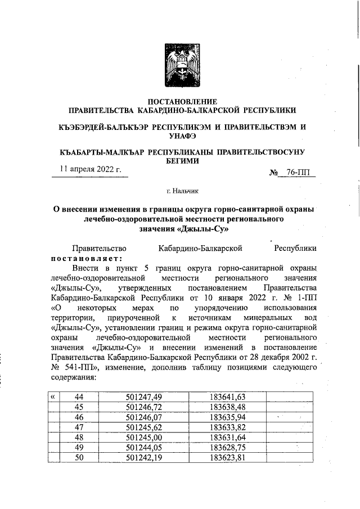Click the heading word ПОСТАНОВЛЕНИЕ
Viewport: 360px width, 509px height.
[x=181, y=101]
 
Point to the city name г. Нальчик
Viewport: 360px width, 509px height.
[x=181, y=192]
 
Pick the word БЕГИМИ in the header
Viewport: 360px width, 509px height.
[x=181, y=161]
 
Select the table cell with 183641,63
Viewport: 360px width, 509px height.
[x=227, y=397]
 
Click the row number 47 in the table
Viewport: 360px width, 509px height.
[x=79, y=427]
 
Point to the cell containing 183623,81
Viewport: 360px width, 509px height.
[x=227, y=457]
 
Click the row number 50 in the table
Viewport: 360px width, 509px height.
[x=79, y=457]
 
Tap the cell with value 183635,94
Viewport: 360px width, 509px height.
[x=227, y=417]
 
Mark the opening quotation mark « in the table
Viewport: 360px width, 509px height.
[x=53, y=397]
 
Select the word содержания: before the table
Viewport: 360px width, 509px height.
[x=73, y=378]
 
